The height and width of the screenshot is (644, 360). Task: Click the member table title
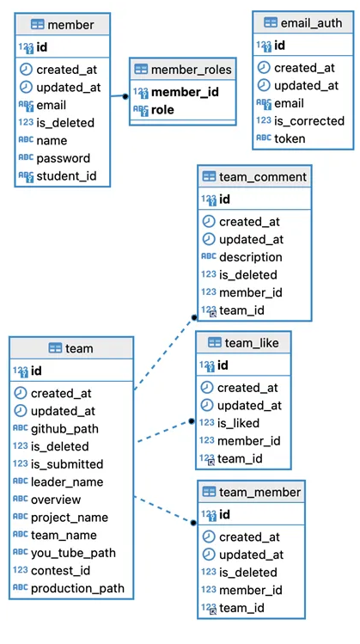(71, 25)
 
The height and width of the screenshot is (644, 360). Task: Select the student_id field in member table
(66, 176)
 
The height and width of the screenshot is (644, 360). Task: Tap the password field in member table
(64, 158)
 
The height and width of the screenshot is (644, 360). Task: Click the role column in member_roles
(162, 110)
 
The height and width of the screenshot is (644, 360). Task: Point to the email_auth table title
(311, 22)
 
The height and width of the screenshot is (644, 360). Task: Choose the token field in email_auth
(290, 138)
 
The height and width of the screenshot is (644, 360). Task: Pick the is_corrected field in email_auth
(309, 120)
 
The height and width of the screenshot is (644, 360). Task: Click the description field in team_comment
(251, 257)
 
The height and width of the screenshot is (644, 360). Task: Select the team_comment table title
(263, 177)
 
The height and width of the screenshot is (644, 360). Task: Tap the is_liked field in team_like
(239, 423)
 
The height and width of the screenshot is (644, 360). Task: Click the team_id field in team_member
(241, 608)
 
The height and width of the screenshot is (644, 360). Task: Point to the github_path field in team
(64, 429)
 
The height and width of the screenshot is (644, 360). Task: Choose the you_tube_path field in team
(74, 553)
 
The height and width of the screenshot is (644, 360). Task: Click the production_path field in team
(77, 588)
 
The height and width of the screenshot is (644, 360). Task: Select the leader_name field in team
(67, 481)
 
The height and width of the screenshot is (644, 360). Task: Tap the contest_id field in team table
(61, 570)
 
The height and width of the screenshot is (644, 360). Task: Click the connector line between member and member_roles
(119, 96)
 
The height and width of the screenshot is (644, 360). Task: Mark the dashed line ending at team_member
(164, 510)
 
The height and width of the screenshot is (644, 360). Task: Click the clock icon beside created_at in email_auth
(264, 68)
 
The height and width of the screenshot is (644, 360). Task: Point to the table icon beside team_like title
(215, 342)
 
